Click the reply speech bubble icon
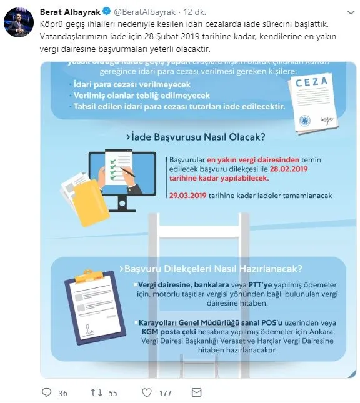(47, 392)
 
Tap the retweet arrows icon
(96, 392)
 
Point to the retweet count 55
(113, 393)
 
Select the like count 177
(165, 393)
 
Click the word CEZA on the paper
(311, 82)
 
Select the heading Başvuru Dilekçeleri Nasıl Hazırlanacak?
(213, 269)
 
